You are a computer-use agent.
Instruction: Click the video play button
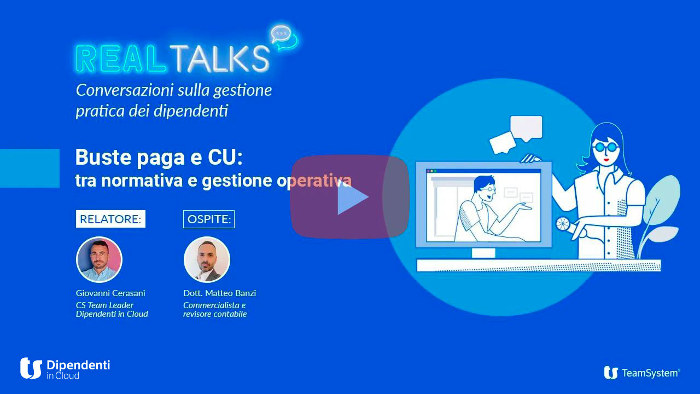350,197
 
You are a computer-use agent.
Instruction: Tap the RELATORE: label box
110,219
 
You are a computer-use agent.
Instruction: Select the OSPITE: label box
209,219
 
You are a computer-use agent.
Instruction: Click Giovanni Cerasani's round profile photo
99,259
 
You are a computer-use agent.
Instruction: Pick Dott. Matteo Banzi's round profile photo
207,259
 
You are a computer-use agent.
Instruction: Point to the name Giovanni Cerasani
110,293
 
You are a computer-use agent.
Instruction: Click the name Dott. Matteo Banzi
219,293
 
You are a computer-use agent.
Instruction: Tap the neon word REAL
121,58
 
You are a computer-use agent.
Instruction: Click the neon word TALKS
219,58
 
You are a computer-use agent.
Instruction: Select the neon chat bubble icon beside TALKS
284,37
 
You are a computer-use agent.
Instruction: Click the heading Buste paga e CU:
159,158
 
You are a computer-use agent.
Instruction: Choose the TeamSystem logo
642,373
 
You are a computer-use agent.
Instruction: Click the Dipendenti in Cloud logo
65,369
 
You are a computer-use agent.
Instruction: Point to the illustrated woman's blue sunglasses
605,147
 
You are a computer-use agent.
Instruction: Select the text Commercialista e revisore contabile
215,310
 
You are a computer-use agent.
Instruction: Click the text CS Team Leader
104,305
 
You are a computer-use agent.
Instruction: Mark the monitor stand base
483,253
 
